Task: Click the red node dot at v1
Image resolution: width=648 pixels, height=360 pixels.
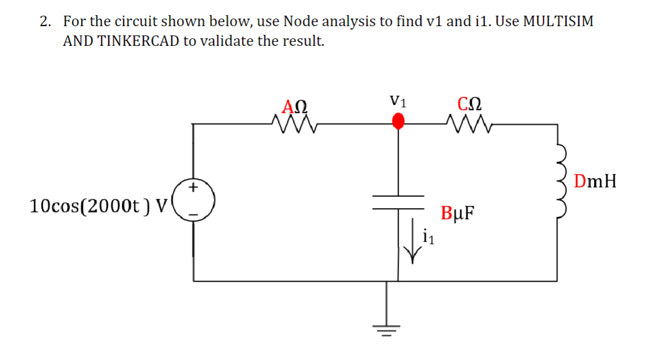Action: (x=398, y=121)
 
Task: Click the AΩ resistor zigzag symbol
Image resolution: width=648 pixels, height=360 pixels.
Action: (x=294, y=123)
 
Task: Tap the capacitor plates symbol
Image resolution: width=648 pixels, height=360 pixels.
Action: (x=398, y=201)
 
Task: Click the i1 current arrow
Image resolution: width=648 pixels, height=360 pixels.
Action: (x=413, y=240)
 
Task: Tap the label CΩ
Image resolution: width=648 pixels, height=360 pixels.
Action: (x=469, y=105)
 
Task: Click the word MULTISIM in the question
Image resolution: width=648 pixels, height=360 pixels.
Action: (x=558, y=21)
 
